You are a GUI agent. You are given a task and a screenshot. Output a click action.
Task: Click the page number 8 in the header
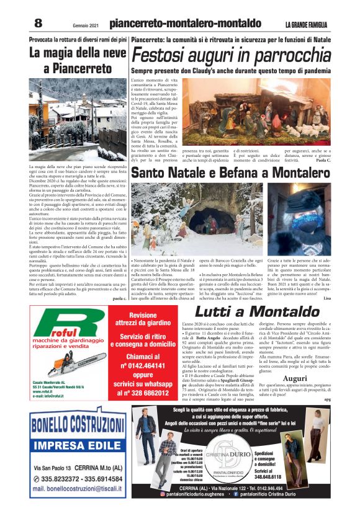click(x=38, y=23)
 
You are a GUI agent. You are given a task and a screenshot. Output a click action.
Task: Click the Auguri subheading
click(x=300, y=378)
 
